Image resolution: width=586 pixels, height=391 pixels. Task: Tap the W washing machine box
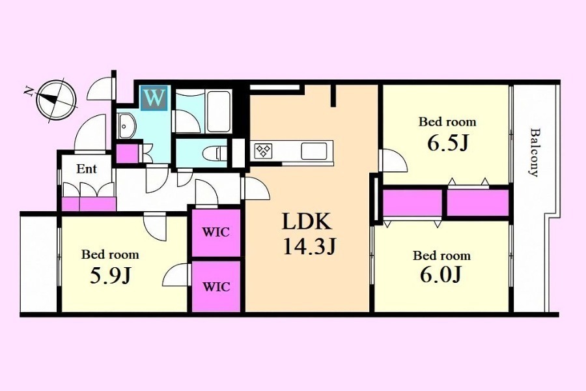154,98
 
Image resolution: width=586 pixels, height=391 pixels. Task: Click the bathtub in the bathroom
219,111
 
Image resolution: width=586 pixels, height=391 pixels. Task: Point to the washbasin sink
126,126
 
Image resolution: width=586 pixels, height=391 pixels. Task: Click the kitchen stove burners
264,151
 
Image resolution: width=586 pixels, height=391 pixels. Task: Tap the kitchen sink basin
314,151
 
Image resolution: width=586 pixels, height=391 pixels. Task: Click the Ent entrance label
87,169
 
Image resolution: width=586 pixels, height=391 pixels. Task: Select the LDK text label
307,222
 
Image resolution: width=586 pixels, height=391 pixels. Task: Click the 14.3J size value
310,246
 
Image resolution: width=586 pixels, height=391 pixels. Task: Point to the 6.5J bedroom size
448,143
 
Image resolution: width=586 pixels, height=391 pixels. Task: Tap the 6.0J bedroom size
441,275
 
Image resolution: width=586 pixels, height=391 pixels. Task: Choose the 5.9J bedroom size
110,276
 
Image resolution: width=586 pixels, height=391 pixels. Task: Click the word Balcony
535,152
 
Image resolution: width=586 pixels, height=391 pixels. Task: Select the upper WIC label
216,232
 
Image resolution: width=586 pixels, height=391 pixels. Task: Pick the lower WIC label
216,287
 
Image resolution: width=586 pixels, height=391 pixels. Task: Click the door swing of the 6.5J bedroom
392,160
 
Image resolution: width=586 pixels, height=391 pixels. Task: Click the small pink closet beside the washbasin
127,153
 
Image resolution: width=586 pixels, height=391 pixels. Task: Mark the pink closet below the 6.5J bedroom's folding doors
478,203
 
